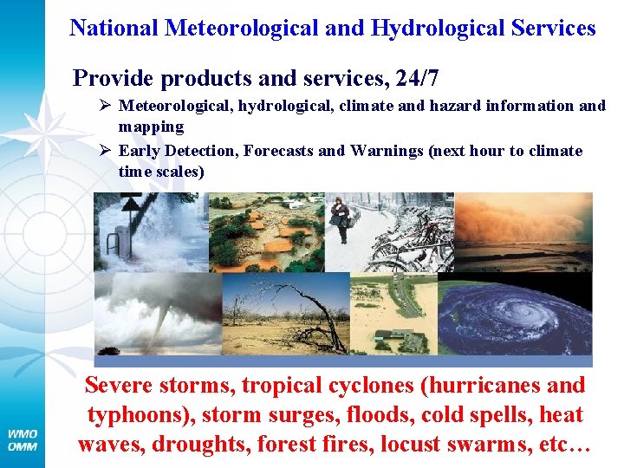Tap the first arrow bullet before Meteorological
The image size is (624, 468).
103,106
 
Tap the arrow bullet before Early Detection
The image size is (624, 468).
103,151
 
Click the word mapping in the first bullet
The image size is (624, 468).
151,127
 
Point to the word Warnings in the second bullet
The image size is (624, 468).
384,151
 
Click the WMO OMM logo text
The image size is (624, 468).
23,439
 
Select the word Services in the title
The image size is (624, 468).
545,28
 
